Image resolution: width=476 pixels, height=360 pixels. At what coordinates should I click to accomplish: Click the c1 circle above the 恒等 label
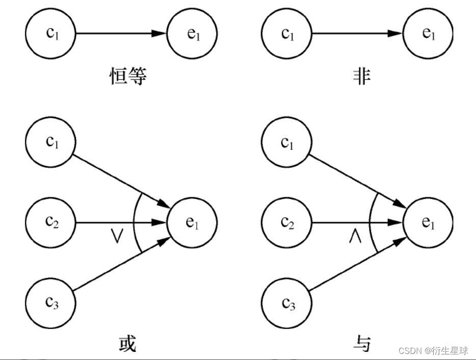[50, 34]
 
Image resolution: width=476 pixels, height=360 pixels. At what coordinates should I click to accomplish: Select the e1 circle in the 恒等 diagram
[192, 34]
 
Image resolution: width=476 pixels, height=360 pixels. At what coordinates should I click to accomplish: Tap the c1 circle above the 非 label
[286, 34]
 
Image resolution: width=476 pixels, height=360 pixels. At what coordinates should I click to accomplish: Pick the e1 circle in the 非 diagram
[428, 34]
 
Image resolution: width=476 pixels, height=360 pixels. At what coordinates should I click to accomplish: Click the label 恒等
[128, 76]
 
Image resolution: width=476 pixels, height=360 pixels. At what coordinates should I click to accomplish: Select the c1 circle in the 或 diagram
[50, 141]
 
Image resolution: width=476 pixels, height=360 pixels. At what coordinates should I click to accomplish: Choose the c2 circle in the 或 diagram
[50, 222]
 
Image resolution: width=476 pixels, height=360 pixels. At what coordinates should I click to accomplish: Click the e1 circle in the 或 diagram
[192, 222]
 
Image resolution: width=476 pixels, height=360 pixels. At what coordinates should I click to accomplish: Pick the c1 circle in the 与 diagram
[286, 141]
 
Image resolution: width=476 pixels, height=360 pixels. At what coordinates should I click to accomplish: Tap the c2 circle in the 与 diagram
[286, 222]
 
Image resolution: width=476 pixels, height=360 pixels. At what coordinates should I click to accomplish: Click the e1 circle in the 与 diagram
[428, 222]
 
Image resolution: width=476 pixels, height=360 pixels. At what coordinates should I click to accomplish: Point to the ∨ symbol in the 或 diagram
[118, 237]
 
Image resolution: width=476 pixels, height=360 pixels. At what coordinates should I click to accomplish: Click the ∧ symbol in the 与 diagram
[355, 237]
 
